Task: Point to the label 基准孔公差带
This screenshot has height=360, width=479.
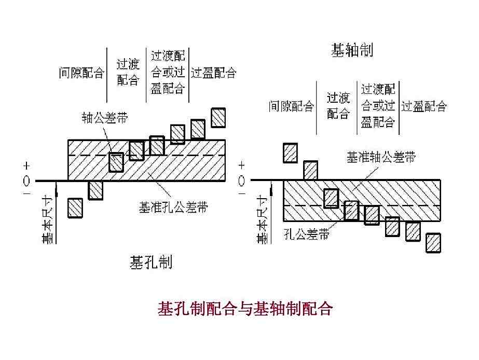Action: click(173, 207)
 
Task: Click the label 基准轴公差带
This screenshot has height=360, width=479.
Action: click(381, 158)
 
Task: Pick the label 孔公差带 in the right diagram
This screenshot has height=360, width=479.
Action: click(307, 234)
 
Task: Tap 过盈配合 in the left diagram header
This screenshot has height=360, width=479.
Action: click(213, 73)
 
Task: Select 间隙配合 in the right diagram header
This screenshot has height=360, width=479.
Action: click(291, 107)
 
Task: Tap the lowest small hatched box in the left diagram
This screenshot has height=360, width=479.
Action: click(76, 208)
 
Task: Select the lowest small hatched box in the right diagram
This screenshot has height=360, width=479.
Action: click(433, 242)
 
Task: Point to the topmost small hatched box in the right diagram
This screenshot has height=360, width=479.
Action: click(290, 153)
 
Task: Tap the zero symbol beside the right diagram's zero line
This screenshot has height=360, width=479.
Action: click(242, 181)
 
